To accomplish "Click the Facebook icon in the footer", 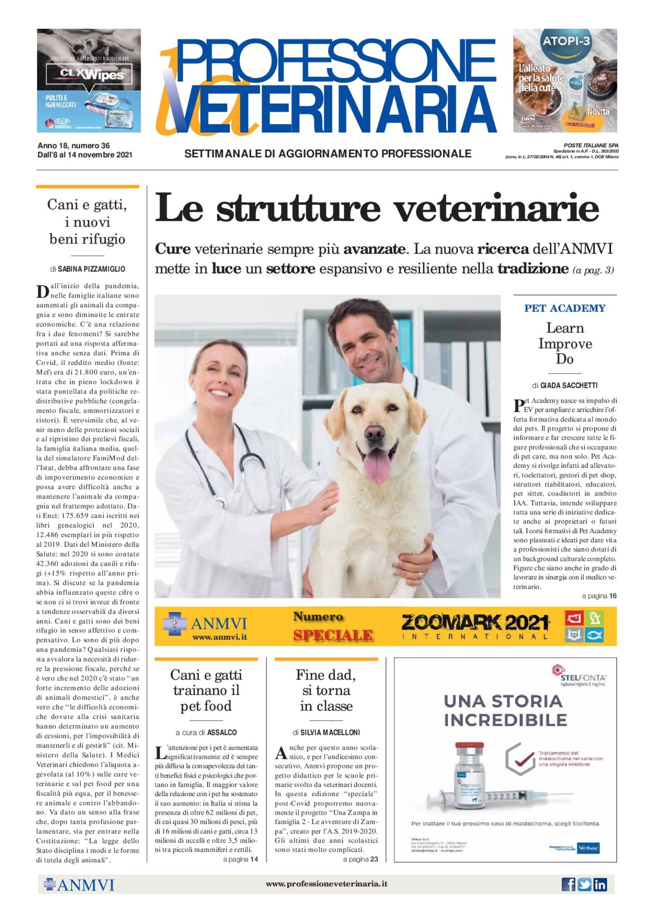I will click(568, 884).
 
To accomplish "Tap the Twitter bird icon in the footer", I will click(584, 884).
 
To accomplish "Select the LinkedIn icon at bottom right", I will click(600, 884).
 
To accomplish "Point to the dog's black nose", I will click(375, 433).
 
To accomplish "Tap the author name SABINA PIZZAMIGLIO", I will click(92, 269).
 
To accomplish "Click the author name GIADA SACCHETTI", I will click(569, 385).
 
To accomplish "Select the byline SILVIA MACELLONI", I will click(330, 732).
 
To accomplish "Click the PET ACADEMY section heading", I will click(565, 308).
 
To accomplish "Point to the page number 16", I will click(613, 596).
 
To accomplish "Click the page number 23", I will click(374, 859).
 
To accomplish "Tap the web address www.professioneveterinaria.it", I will click(326, 884).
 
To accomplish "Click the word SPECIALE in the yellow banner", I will click(333, 635).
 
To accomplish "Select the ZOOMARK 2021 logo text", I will click(475, 622).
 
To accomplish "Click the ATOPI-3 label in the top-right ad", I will click(566, 41).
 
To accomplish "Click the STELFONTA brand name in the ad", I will click(583, 678).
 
